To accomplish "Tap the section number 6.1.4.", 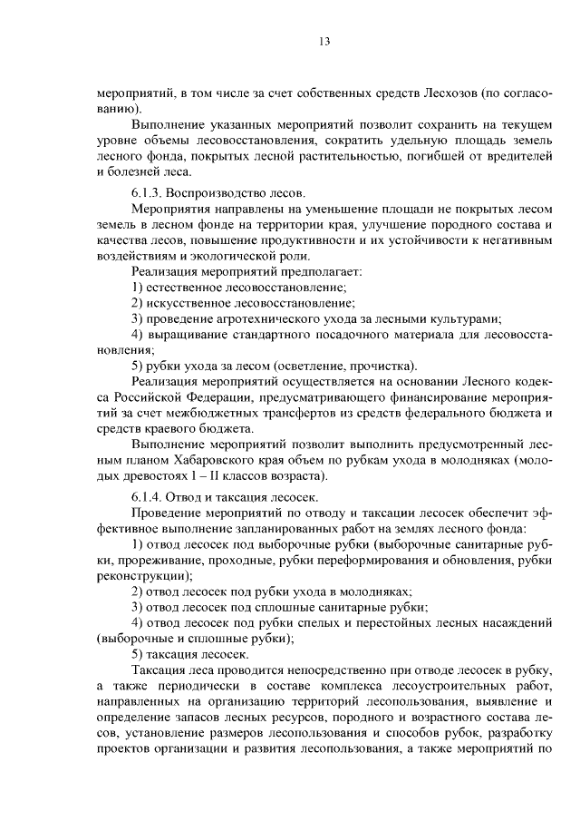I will point(151,499).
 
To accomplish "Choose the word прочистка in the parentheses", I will point(382,366).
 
